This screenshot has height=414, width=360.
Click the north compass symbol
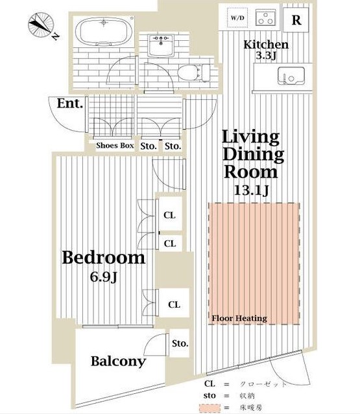click(x=42, y=25)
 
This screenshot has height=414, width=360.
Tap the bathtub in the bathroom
click(x=104, y=31)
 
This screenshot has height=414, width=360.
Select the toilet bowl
click(x=193, y=73)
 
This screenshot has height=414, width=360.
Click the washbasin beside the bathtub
click(x=161, y=45)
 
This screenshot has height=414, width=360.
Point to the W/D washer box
click(x=237, y=18)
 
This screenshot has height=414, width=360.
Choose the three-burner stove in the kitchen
click(x=265, y=17)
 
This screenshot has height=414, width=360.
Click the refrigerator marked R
click(x=296, y=20)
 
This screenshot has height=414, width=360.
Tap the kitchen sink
click(x=291, y=76)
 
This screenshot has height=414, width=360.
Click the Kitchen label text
click(x=266, y=45)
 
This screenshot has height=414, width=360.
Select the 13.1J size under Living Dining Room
click(x=252, y=190)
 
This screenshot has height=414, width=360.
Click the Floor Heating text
click(x=239, y=318)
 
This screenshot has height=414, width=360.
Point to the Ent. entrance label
click(x=70, y=103)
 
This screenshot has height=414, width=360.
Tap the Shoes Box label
click(x=115, y=145)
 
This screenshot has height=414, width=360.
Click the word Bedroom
click(x=104, y=257)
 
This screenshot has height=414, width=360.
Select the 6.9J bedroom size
click(x=103, y=277)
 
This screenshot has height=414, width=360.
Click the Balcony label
click(x=119, y=361)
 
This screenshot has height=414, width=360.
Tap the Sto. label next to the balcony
click(x=180, y=343)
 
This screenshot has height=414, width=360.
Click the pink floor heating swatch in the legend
click(x=210, y=408)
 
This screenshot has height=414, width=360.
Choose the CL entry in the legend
click(x=210, y=384)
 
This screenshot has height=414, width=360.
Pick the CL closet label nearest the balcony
click(x=174, y=305)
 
